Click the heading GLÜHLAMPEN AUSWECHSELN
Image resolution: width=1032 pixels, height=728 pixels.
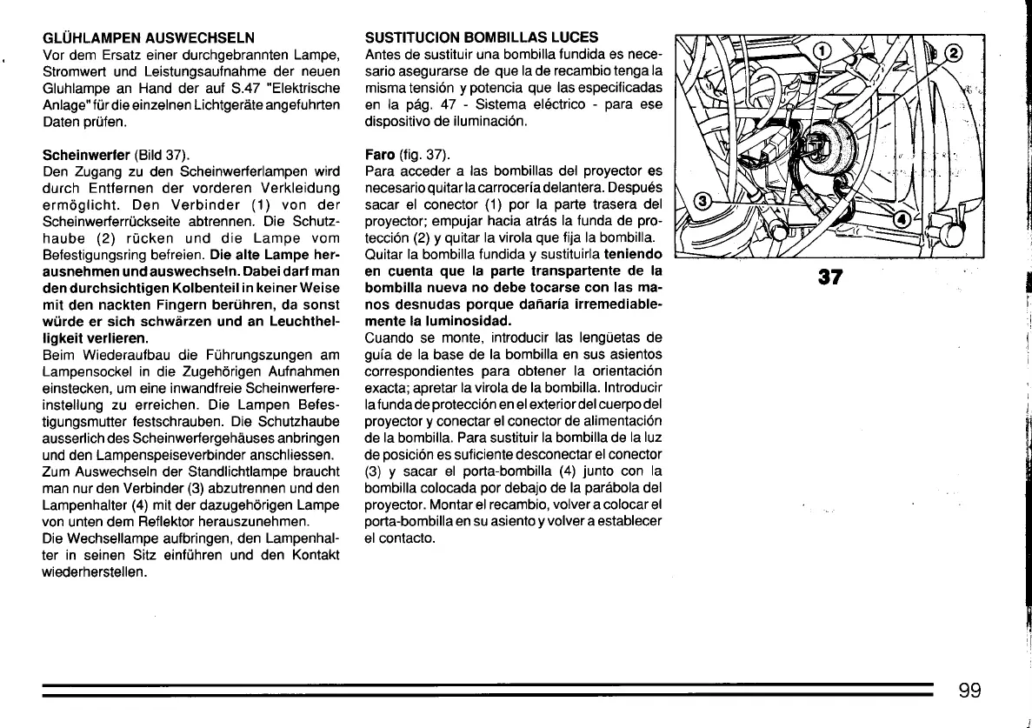click(x=149, y=37)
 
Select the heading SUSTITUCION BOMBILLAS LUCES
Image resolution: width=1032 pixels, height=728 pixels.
click(x=482, y=37)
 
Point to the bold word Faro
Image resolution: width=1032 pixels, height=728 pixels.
click(x=380, y=155)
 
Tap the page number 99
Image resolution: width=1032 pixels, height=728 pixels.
click(x=970, y=691)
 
